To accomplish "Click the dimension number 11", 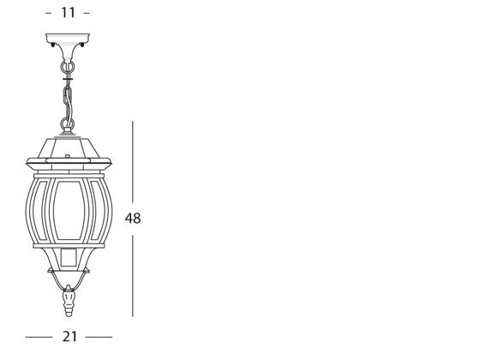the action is (x=68, y=13).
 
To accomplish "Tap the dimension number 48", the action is (x=133, y=219).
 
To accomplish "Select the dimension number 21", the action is (x=69, y=337).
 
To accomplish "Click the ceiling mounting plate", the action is (x=68, y=38).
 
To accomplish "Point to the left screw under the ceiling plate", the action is (x=53, y=45).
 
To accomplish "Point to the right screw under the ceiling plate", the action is (x=81, y=45).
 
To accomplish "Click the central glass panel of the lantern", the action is (x=69, y=210).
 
